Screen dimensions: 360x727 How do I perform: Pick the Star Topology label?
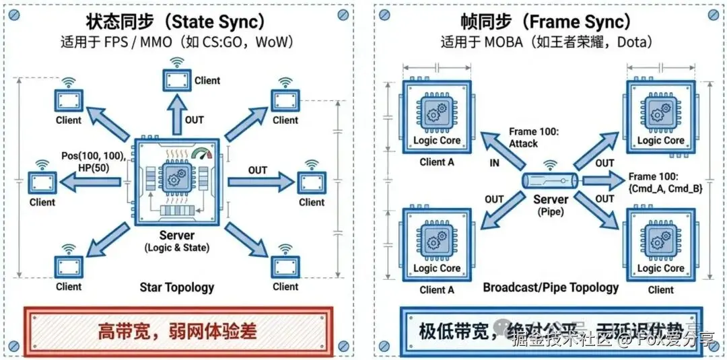coord(177,287)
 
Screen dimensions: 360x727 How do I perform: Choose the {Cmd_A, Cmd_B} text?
coord(666,189)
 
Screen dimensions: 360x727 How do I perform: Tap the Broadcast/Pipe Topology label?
coord(551,287)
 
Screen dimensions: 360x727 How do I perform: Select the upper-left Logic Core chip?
coord(436,116)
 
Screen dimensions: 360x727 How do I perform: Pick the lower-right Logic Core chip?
coord(660,243)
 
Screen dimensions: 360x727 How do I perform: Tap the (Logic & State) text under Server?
coord(177,248)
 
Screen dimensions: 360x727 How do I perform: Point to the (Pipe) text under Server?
coord(551,211)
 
